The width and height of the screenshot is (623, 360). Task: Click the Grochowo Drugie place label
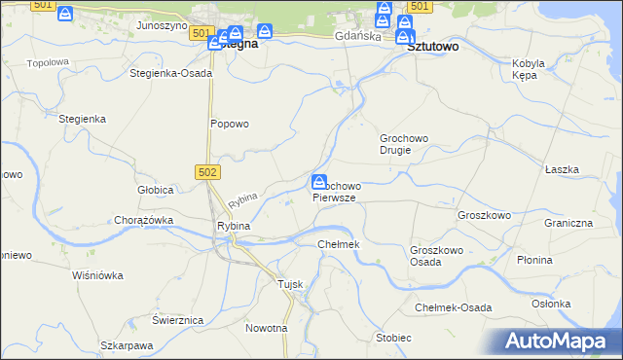point(404,144)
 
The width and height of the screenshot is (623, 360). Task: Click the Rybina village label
point(234,226)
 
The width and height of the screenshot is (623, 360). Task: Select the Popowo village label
point(231,124)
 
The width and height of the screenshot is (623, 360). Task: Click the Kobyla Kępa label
point(528,69)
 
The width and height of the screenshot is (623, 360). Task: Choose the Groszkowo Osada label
point(435,256)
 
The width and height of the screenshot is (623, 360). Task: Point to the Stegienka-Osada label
point(170,73)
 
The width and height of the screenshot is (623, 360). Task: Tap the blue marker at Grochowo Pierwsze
point(319,182)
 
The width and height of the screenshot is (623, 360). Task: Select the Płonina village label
point(562,260)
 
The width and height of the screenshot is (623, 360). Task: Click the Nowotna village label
point(267,328)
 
